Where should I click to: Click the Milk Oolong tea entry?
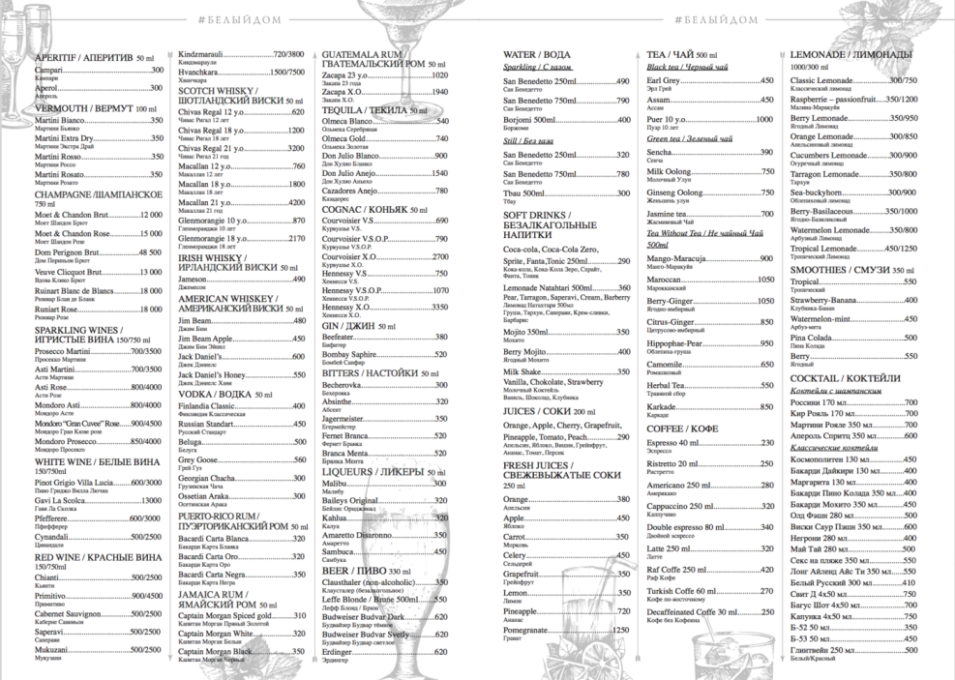point(671,171)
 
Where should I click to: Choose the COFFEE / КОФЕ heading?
point(682,428)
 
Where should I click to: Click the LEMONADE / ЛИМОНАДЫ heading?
point(851,55)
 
